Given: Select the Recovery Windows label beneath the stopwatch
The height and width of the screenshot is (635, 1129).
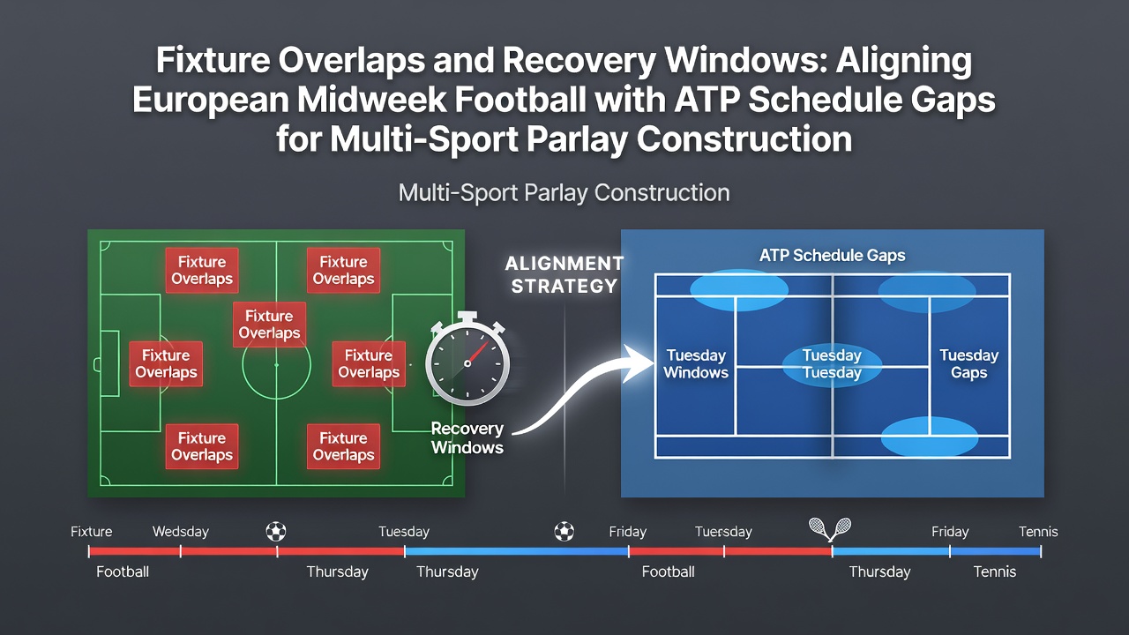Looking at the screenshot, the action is [x=467, y=438].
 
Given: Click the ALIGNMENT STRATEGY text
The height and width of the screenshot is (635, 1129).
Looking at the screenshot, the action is [x=564, y=274].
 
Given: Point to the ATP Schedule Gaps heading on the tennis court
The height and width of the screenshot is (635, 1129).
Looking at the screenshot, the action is [x=832, y=256].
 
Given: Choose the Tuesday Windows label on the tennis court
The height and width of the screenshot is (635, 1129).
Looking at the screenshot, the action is [x=696, y=364].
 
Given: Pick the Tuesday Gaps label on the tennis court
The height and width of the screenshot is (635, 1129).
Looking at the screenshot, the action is [x=968, y=364].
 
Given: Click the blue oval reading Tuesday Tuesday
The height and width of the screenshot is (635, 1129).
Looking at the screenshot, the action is [x=832, y=365].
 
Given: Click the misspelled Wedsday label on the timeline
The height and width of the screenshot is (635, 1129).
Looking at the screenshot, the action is [x=181, y=532].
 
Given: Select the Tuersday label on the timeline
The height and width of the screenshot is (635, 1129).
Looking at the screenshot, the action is [x=723, y=532].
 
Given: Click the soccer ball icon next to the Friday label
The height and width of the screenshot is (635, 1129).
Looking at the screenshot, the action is [x=564, y=531].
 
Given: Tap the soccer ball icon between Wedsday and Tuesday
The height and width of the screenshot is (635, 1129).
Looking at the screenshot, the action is [x=276, y=531].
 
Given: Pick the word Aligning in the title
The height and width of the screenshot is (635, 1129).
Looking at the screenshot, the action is [x=904, y=62].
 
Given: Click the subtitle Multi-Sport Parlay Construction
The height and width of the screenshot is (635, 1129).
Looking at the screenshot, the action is [x=564, y=193].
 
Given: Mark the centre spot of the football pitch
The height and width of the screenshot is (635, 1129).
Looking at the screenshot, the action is [x=276, y=364].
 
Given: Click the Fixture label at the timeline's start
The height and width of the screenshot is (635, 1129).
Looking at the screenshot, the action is [x=91, y=532].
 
